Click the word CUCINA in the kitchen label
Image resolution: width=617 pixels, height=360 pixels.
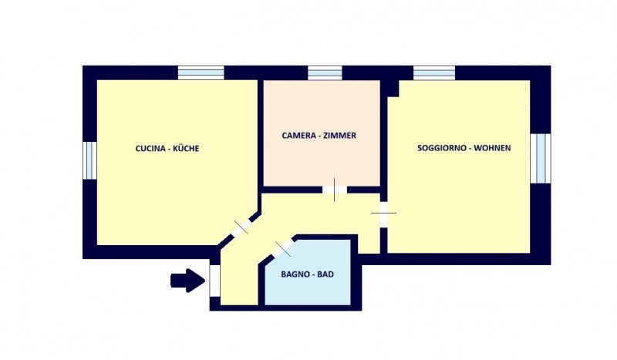(150, 148)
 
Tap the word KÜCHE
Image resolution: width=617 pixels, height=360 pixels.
(186, 148)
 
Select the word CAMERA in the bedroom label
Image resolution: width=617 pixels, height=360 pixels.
(299, 136)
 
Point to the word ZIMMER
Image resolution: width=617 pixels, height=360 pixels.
(341, 136)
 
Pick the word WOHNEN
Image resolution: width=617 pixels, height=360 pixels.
(492, 148)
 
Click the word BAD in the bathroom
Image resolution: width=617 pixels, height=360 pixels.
(325, 274)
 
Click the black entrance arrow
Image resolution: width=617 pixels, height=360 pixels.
(187, 281)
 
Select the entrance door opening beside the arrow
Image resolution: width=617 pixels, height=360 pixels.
(215, 281)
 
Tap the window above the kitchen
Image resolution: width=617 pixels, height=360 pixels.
(201, 72)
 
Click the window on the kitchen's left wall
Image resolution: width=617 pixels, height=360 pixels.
(89, 160)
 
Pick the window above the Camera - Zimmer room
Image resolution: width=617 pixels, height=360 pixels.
(325, 73)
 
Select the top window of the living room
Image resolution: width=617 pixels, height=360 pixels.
(434, 73)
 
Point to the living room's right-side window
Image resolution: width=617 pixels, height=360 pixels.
(541, 158)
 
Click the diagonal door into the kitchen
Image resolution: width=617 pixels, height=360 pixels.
(241, 227)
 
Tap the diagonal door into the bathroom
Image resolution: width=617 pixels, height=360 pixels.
(283, 249)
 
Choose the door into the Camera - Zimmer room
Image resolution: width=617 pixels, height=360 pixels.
(335, 190)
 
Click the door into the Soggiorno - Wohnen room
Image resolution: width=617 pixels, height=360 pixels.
(383, 214)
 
